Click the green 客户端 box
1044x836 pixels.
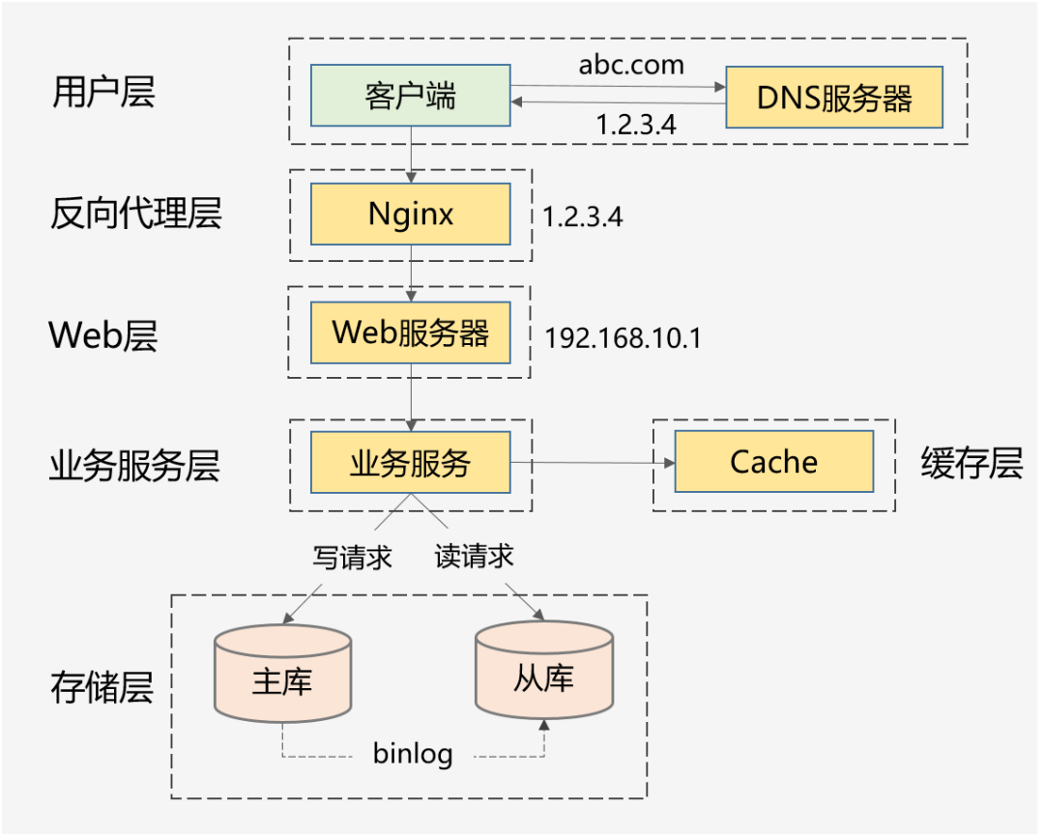point(410,95)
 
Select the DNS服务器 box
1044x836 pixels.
point(834,98)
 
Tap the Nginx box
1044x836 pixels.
point(410,214)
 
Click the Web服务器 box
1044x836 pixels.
point(410,332)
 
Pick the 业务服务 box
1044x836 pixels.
point(410,462)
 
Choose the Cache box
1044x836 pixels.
point(773,462)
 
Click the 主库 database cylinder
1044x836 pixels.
point(282,674)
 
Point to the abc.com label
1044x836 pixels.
point(631,65)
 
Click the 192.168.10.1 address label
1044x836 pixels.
point(623,338)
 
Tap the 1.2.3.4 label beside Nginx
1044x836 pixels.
point(582,216)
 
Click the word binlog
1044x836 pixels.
point(413,754)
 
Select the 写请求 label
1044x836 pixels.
point(352,557)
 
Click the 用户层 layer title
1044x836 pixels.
point(102,92)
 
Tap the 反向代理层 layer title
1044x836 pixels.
point(135,214)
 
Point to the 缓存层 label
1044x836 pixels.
point(971,463)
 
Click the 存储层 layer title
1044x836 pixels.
point(101,688)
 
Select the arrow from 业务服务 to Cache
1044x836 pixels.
point(592,463)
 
